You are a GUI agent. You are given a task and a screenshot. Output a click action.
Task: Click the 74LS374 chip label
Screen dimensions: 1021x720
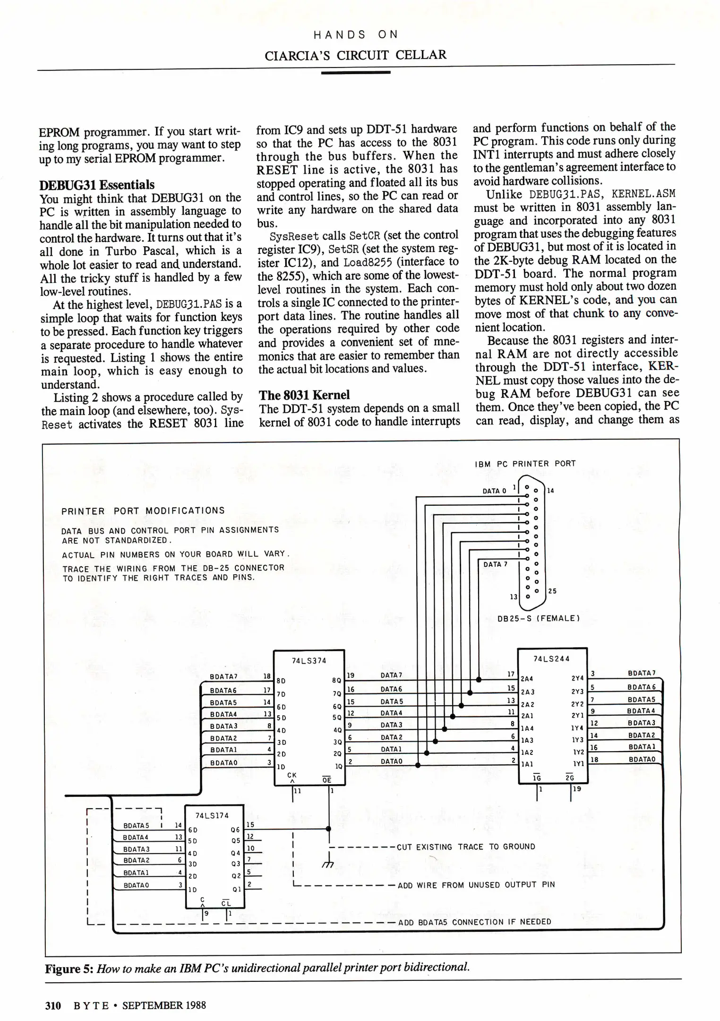(309, 660)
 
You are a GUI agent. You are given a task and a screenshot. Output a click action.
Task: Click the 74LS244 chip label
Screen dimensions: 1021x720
(551, 658)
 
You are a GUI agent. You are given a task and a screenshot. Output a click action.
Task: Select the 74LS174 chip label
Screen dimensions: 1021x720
(212, 815)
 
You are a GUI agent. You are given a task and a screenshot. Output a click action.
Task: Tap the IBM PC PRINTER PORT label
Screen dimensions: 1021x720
(525, 464)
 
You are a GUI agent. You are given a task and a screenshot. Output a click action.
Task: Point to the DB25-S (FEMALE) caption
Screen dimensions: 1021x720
(539, 618)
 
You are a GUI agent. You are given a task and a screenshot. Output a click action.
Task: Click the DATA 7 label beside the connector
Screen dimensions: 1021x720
(495, 564)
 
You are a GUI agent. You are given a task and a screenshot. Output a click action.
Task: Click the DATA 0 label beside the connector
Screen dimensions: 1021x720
(494, 491)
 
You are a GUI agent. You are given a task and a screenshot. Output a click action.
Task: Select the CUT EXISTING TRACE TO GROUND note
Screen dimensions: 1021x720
(466, 847)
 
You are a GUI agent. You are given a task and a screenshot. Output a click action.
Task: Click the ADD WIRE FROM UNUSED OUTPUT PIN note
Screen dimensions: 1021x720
(476, 885)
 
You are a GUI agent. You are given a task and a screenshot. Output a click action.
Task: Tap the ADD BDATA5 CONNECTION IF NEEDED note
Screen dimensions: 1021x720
(475, 922)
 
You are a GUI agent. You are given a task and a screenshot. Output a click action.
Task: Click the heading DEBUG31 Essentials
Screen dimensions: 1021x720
(97, 184)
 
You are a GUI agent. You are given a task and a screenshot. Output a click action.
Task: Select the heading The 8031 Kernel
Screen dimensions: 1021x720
(304, 395)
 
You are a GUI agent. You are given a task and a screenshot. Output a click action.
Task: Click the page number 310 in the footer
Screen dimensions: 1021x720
(53, 1005)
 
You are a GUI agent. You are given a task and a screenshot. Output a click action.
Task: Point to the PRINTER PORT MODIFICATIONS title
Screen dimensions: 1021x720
(143, 511)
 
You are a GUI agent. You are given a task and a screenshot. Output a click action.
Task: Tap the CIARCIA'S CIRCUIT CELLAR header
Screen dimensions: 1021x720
(355, 55)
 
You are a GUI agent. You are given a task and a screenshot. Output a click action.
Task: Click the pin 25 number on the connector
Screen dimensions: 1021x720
(552, 591)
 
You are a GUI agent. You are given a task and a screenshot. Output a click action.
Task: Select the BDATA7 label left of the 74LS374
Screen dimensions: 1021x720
(223, 677)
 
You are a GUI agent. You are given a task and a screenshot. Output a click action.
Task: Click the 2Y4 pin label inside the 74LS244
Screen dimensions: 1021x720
(577, 678)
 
